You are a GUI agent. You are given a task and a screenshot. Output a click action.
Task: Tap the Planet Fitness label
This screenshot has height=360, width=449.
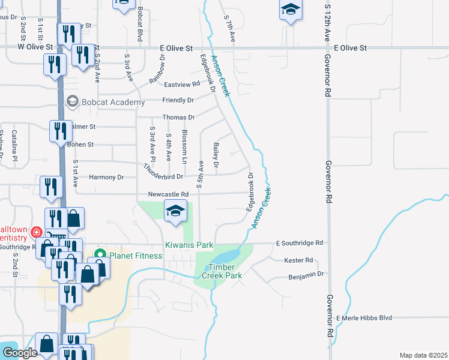(136, 256)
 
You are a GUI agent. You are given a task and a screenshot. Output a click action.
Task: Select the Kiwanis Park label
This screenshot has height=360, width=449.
(190, 245)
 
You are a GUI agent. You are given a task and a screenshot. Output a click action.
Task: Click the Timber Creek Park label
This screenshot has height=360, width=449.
(224, 271)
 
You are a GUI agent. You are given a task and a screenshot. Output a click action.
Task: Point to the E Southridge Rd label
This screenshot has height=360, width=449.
(300, 243)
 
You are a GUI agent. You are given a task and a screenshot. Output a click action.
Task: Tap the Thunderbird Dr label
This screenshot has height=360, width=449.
(163, 172)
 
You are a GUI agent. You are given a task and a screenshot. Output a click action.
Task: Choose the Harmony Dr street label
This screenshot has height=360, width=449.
(106, 177)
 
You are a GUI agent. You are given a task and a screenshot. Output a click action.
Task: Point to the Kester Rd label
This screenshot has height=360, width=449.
(300, 260)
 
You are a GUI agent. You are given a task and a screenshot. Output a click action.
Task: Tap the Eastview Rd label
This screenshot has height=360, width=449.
(182, 85)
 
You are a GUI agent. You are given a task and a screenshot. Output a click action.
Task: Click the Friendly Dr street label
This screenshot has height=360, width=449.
(178, 100)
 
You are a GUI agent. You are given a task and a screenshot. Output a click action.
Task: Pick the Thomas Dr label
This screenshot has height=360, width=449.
(179, 118)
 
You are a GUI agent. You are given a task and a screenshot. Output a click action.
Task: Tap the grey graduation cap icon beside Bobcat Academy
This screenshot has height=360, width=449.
(73, 101)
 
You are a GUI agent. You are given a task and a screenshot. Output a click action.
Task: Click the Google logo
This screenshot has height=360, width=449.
(20, 353)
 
